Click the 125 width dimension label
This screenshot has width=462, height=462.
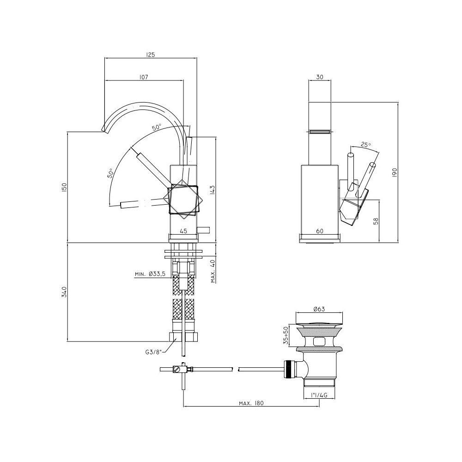click(x=150, y=55)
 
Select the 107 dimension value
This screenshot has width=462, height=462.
click(x=144, y=77)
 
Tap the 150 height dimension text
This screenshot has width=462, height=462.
click(x=65, y=188)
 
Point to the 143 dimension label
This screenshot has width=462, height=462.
click(x=213, y=190)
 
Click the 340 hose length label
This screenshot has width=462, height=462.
click(x=65, y=292)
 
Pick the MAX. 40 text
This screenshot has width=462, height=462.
click(x=213, y=270)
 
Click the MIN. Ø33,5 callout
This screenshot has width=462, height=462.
click(x=150, y=274)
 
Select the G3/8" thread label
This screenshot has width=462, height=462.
click(x=153, y=352)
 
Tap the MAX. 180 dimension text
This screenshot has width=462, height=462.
click(x=251, y=403)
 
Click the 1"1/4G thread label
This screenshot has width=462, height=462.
click(x=319, y=395)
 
